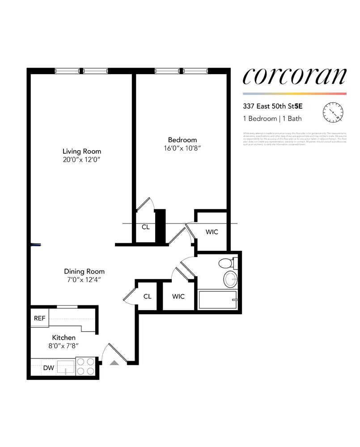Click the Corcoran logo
pyautogui.click(x=294, y=76)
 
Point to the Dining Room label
pyautogui.click(x=84, y=271)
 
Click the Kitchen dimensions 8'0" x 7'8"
pyautogui.click(x=64, y=346)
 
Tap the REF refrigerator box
pyautogui.click(x=39, y=319)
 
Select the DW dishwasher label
pyautogui.click(x=48, y=368)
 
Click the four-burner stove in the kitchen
pyautogui.click(x=86, y=366)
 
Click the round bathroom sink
pyautogui.click(x=231, y=279)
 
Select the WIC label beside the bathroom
pyautogui.click(x=178, y=296)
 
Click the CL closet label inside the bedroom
pyautogui.click(x=146, y=227)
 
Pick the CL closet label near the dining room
pyautogui.click(x=148, y=296)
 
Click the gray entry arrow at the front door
pyautogui.click(x=115, y=363)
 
